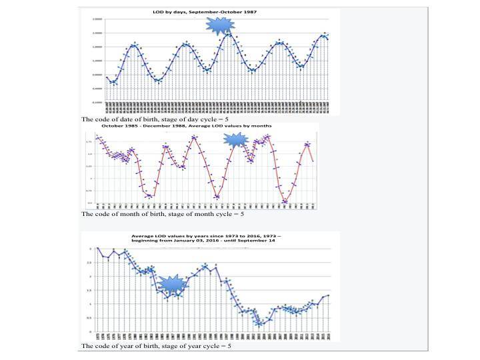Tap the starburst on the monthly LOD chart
click(235, 139)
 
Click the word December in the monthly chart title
click(175, 125)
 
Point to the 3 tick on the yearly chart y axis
click(91, 248)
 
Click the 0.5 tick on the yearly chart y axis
click(90, 318)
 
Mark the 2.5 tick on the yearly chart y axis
click(90, 262)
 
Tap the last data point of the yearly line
click(329, 295)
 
